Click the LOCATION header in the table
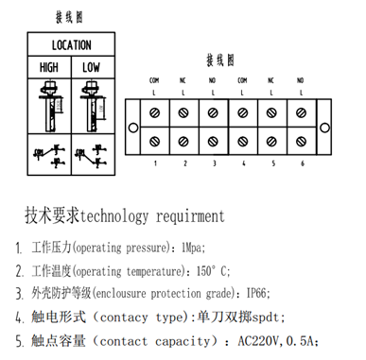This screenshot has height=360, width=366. pyautogui.click(x=71, y=45)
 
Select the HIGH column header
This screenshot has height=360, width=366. pyautogui.click(x=48, y=67)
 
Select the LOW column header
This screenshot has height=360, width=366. pyautogui.click(x=92, y=67)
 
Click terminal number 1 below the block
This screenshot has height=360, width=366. pyautogui.click(x=155, y=163)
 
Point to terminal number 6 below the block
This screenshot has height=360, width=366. pyautogui.click(x=303, y=163)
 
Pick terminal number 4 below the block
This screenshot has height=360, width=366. pyautogui.click(x=243, y=163)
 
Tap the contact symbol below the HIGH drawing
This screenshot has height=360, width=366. pyautogui.click(x=48, y=154)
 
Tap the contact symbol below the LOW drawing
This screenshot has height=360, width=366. pyautogui.click(x=92, y=154)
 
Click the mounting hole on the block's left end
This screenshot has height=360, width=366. pyautogui.click(x=133, y=127)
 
